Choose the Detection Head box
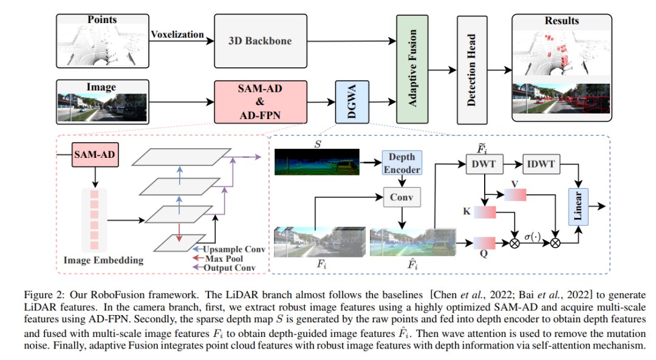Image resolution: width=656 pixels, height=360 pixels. click(x=472, y=70)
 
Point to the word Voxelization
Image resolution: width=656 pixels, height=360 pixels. click(x=177, y=35)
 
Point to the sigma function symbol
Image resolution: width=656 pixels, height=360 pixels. click(x=535, y=235)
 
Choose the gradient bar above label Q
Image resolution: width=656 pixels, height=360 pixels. click(x=485, y=242)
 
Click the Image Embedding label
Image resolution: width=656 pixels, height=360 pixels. click(x=103, y=260)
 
